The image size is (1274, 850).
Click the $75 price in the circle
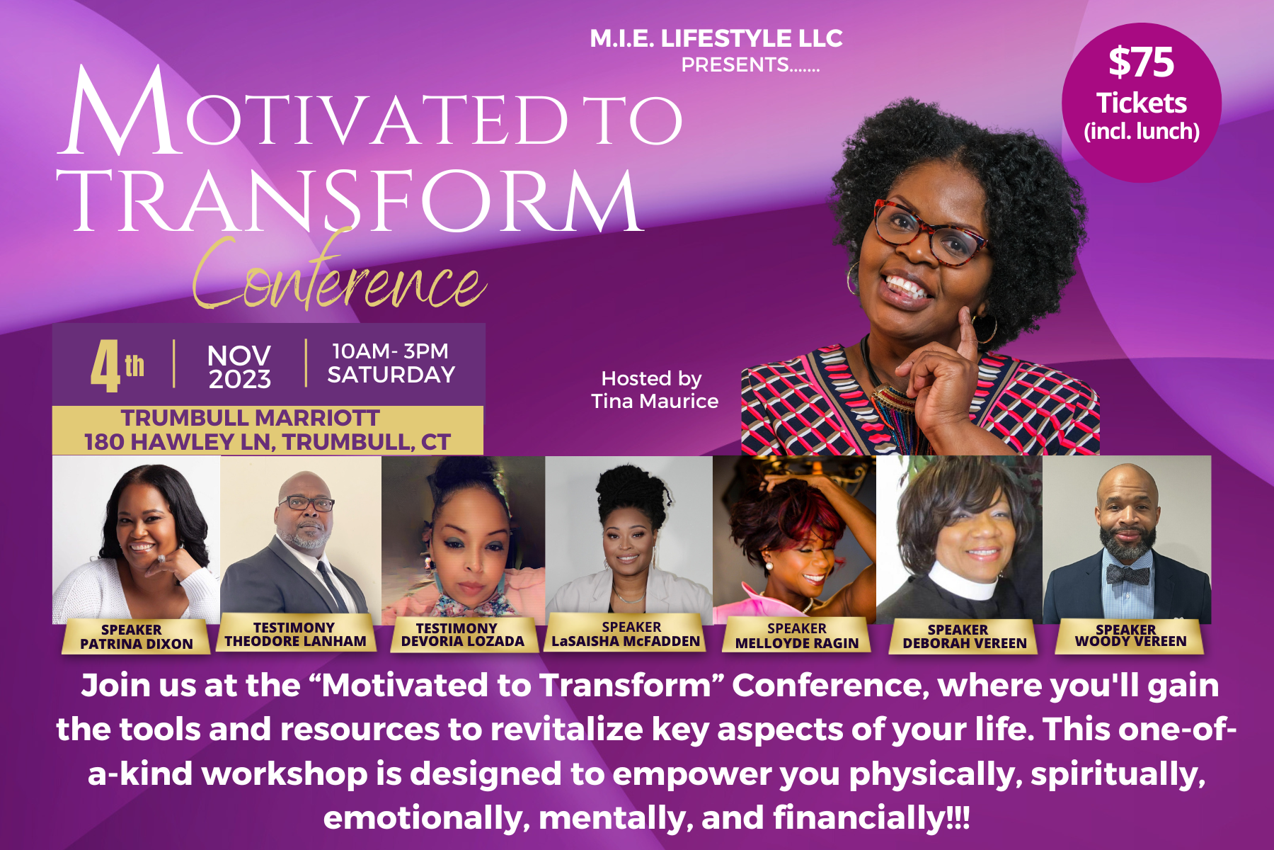pyautogui.click(x=1141, y=62)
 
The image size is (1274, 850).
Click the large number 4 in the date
pyautogui.click(x=105, y=365)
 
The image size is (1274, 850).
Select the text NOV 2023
pyautogui.click(x=239, y=367)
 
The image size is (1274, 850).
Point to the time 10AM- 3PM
pyautogui.click(x=390, y=351)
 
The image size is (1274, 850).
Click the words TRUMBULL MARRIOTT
pyautogui.click(x=250, y=418)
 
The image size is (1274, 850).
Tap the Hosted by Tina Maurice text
pyautogui.click(x=655, y=390)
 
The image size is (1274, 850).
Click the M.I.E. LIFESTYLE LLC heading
pyautogui.click(x=716, y=38)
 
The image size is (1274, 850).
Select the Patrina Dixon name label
pyautogui.click(x=136, y=636)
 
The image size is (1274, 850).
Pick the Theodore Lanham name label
pyautogui.click(x=295, y=634)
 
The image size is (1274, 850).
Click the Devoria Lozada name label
pyautogui.click(x=462, y=634)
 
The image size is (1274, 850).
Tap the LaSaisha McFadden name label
pyautogui.click(x=626, y=634)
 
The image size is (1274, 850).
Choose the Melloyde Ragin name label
pyautogui.click(x=797, y=635)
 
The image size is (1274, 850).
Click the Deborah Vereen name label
pyautogui.click(x=964, y=636)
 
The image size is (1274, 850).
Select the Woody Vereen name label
pyautogui.click(x=1130, y=635)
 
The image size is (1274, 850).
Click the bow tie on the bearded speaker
pyautogui.click(x=1126, y=574)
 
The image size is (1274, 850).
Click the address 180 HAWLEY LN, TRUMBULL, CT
pyautogui.click(x=268, y=442)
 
